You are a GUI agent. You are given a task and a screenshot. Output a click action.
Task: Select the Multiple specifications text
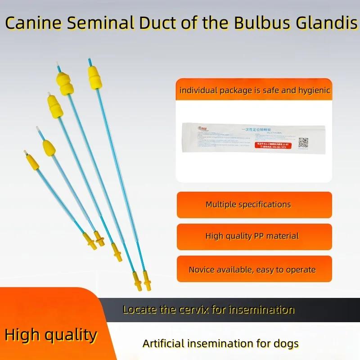point(248,205)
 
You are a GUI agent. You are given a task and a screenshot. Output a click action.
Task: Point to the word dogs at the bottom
point(287,344)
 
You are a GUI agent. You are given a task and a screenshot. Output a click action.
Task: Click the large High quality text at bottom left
point(51,335)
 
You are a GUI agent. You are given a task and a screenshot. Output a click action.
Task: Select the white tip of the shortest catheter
point(26,153)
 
